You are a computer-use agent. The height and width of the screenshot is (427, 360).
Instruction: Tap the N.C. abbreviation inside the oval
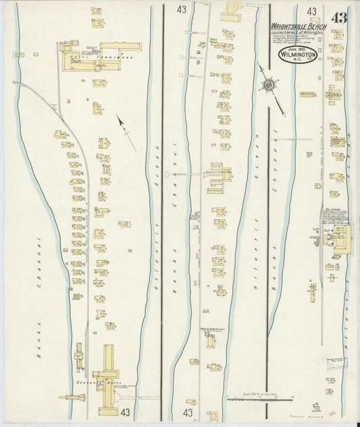(x=298, y=64)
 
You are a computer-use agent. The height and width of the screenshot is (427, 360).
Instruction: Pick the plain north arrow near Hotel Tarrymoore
(x=126, y=131)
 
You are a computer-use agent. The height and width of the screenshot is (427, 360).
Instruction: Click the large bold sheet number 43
(x=337, y=18)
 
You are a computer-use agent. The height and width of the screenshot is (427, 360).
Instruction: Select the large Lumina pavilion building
(x=340, y=236)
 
